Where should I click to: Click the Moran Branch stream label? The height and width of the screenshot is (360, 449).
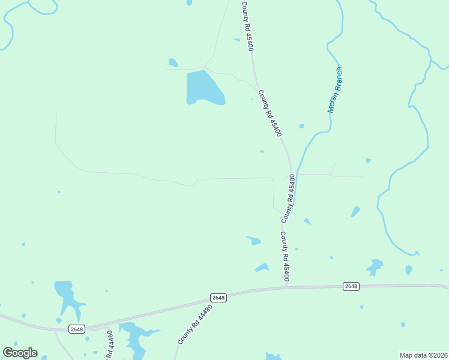334,90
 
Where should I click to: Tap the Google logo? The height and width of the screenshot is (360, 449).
20,353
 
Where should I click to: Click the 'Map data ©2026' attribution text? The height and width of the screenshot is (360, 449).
423,355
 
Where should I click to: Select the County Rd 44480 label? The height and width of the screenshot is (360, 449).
195,325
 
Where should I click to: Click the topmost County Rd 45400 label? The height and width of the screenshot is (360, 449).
247,26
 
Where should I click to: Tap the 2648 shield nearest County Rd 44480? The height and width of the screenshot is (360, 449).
218,298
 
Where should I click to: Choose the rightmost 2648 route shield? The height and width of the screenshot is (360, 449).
351,286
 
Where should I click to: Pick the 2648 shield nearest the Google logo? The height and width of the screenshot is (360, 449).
77,329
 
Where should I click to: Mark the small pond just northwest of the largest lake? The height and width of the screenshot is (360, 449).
173,62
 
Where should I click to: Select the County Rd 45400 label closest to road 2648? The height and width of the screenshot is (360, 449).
286,256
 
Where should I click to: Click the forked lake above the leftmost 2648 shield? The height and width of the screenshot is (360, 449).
67,297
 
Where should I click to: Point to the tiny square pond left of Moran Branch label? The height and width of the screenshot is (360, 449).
301,126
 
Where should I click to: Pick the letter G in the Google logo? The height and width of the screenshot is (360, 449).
8,353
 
